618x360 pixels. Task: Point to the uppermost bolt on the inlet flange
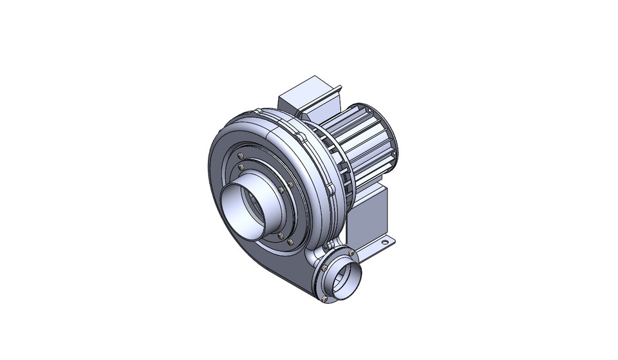pyautogui.click(x=240, y=156)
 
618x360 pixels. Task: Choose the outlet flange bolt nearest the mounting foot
pyautogui.click(x=351, y=252)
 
